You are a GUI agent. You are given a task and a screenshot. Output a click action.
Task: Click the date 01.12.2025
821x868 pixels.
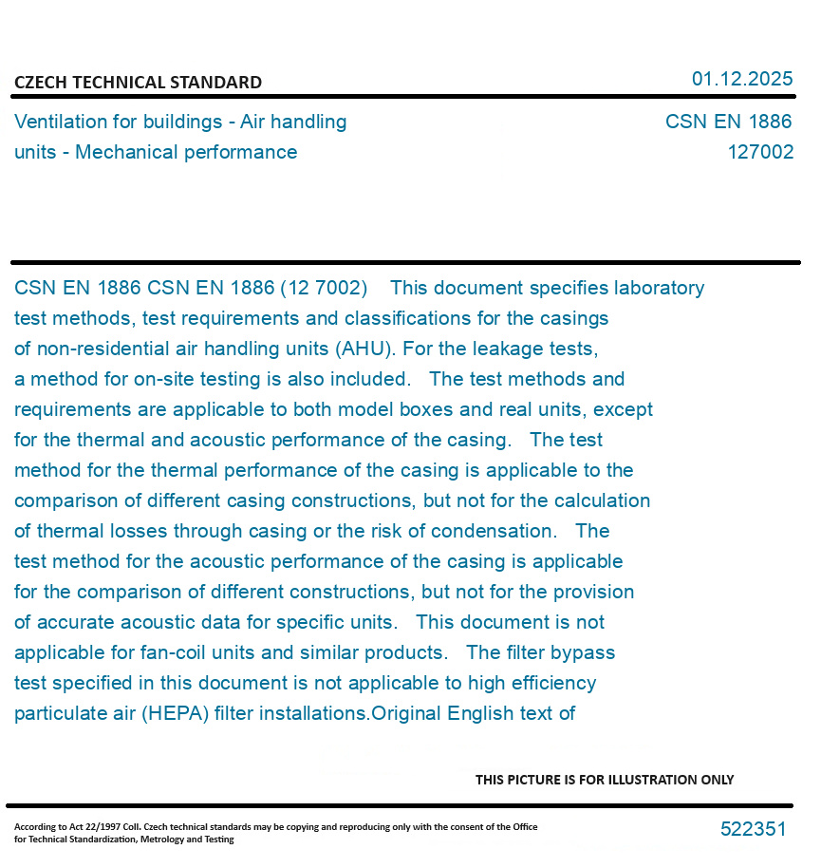[741, 79]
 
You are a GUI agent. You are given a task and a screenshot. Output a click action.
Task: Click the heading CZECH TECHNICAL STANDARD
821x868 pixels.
[138, 83]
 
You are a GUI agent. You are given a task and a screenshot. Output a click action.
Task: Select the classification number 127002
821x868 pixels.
[760, 152]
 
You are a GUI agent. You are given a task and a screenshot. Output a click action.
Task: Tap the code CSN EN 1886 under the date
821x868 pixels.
[728, 122]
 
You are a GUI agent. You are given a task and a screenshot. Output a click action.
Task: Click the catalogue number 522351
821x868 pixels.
[753, 829]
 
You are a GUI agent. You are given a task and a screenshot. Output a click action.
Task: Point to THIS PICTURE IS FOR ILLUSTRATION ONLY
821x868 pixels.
[604, 780]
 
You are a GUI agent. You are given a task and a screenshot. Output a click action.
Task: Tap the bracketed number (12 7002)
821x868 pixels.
[323, 288]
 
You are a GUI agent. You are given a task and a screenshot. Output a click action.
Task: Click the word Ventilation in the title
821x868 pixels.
[60, 122]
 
